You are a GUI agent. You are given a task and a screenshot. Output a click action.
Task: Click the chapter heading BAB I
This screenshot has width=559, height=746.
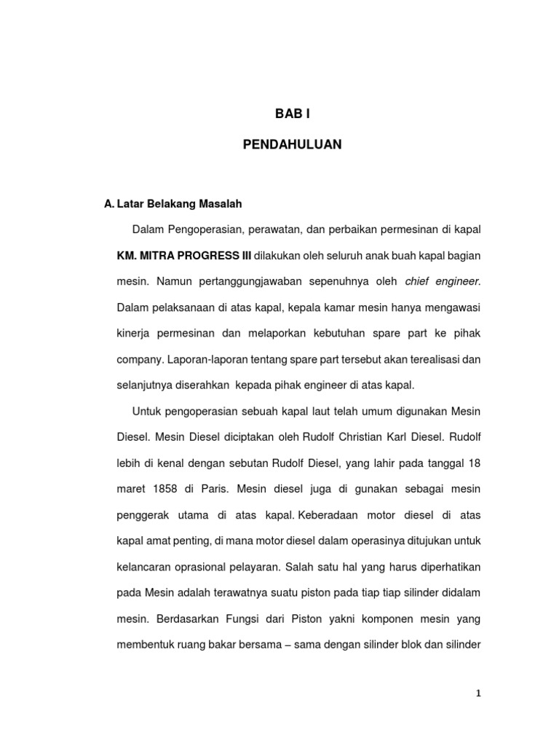(x=292, y=114)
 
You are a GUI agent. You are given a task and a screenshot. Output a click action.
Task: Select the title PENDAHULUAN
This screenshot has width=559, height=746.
(x=292, y=145)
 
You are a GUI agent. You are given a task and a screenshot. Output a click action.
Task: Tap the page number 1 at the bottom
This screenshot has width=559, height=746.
(x=478, y=694)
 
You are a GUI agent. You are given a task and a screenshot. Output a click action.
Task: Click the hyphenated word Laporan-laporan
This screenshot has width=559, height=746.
(x=205, y=360)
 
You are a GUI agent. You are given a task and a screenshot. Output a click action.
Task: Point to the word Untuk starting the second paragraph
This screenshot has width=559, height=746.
(x=147, y=412)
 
